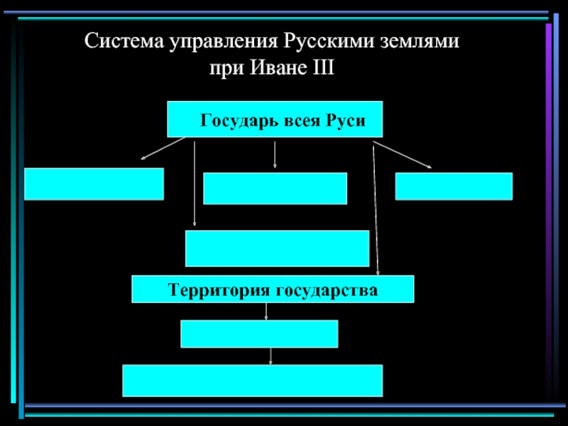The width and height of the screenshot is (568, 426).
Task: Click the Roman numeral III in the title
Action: [323, 67]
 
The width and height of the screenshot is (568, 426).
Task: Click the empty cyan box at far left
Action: [94, 184]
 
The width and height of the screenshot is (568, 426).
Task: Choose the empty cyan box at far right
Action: [454, 186]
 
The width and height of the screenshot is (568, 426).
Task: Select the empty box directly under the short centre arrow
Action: [275, 188]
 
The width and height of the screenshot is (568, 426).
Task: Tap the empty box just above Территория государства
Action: [277, 248]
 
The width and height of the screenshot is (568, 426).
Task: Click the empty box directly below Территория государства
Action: [259, 334]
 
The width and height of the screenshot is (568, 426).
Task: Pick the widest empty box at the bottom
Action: [253, 381]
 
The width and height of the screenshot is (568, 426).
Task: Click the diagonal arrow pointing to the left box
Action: [163, 148]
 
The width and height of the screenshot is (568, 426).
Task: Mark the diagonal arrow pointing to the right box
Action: [402, 155]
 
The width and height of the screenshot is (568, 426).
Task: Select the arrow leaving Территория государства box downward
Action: [266, 312]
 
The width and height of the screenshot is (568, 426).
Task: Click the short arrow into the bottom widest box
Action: [271, 356]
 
